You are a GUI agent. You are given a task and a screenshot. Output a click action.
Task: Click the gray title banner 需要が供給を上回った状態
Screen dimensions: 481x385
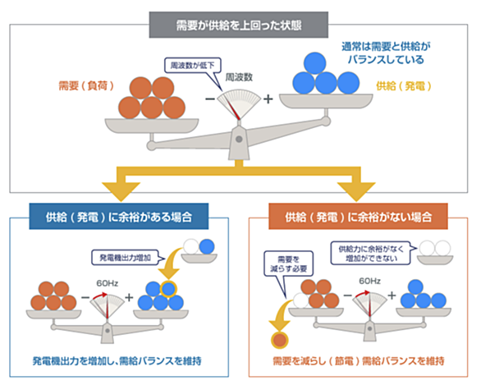(238, 25)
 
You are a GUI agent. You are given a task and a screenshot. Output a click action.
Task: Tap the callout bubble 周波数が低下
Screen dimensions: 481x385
(193, 66)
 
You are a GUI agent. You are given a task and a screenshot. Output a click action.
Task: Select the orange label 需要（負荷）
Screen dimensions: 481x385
(86, 85)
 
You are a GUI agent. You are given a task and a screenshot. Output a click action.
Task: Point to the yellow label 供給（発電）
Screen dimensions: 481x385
(404, 86)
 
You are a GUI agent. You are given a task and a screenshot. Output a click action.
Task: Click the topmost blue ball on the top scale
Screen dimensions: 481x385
(314, 63)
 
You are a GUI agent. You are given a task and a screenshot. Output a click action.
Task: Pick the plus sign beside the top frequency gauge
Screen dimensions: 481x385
(268, 99)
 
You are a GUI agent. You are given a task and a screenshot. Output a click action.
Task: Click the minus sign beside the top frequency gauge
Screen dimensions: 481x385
(210, 99)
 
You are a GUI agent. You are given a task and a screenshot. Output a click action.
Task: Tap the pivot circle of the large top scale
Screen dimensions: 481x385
(239, 140)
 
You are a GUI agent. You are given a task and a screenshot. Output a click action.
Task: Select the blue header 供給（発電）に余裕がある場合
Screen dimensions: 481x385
(119, 217)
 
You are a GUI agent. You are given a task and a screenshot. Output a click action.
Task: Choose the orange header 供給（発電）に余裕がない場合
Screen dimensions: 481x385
(358, 217)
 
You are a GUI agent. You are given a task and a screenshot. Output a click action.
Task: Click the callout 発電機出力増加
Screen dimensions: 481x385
(125, 258)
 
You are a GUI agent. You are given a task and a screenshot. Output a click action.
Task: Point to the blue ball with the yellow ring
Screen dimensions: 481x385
(168, 289)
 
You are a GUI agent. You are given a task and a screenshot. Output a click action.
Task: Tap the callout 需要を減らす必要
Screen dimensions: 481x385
(288, 264)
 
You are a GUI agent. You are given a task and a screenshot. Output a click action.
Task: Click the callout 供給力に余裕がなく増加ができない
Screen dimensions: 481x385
(370, 253)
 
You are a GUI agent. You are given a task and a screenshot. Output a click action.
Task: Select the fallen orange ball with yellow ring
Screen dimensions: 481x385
(279, 340)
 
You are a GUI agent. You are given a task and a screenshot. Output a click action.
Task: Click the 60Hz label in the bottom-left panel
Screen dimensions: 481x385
(107, 283)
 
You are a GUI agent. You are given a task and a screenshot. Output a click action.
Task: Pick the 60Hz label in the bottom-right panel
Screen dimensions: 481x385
(369, 281)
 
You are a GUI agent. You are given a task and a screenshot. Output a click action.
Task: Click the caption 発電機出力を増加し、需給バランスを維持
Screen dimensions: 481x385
(117, 361)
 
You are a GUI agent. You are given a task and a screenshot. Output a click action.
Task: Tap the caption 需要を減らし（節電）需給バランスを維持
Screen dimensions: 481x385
(359, 361)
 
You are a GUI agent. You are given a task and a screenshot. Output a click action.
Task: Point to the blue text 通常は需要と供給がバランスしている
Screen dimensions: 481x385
(386, 53)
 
